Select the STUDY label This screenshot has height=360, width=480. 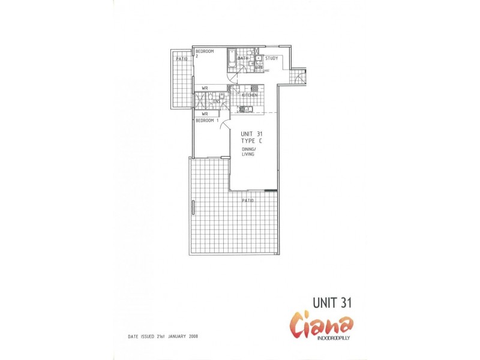[271, 58]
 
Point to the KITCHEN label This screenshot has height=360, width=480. [250, 95]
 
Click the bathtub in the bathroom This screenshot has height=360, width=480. [232, 61]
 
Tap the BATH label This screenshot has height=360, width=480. [242, 58]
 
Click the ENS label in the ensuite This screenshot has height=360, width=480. [217, 101]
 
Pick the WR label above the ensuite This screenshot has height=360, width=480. [205, 88]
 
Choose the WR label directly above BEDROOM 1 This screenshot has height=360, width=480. [205, 113]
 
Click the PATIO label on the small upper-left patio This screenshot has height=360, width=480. [181, 59]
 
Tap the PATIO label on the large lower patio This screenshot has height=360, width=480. [247, 200]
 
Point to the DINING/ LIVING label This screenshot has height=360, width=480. [248, 151]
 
